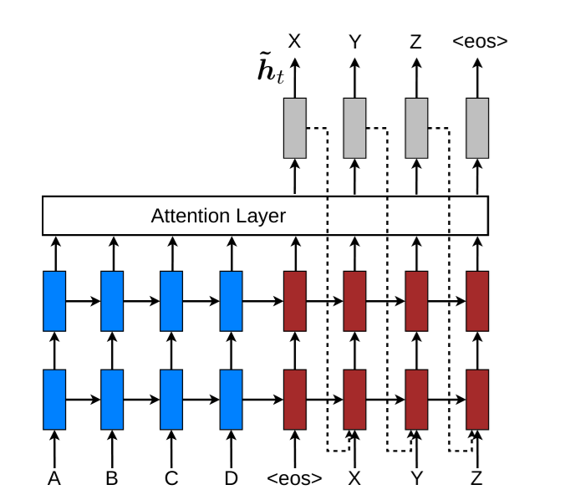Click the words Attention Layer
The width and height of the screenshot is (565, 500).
(218, 216)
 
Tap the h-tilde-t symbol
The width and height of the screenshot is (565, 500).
(271, 68)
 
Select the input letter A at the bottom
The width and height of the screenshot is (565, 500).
(54, 479)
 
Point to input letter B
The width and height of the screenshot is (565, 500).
(112, 479)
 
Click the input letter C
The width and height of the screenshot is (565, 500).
(171, 479)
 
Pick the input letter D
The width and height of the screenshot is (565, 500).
(231, 479)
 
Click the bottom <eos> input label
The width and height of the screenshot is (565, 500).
(294, 479)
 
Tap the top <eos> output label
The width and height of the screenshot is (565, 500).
(480, 42)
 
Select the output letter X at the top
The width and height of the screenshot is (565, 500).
(294, 41)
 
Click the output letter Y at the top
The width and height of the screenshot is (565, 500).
(355, 42)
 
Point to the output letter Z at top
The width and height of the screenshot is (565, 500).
(416, 42)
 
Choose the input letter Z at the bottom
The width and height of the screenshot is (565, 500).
(476, 479)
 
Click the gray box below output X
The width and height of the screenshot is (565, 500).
(295, 128)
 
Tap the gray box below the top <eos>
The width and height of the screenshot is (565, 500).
(477, 128)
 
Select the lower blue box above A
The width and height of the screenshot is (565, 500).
(54, 400)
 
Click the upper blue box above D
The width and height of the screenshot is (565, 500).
(231, 301)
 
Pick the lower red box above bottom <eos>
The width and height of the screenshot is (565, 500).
(295, 400)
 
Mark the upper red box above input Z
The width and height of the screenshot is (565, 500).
(477, 301)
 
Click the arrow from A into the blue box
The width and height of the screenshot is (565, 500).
(54, 450)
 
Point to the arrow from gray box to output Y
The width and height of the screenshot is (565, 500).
(355, 78)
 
